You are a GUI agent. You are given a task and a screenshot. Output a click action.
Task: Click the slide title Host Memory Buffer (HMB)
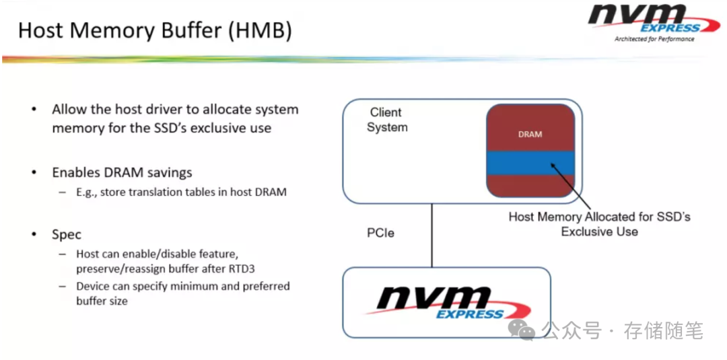pos(155,30)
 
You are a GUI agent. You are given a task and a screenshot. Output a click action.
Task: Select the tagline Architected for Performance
pos(654,39)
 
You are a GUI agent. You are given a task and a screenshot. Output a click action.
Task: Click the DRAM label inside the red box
pos(530,134)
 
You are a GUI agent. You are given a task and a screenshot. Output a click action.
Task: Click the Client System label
pos(387,120)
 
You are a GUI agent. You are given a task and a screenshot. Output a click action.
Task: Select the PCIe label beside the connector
pos(380,233)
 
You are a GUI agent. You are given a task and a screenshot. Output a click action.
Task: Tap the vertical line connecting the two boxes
pos(431,235)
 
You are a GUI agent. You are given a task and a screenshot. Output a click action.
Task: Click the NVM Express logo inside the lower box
pos(445,301)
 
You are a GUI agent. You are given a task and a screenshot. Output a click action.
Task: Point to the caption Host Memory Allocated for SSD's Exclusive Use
pos(599,224)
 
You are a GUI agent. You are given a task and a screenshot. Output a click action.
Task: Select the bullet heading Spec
pos(67,234)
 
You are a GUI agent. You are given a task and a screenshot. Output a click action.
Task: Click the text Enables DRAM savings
pos(121,172)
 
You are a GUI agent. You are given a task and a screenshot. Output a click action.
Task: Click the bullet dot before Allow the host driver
pos(34,110)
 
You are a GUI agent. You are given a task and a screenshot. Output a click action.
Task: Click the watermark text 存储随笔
pos(663,330)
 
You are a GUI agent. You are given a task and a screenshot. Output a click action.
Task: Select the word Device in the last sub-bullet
pos(93,286)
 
